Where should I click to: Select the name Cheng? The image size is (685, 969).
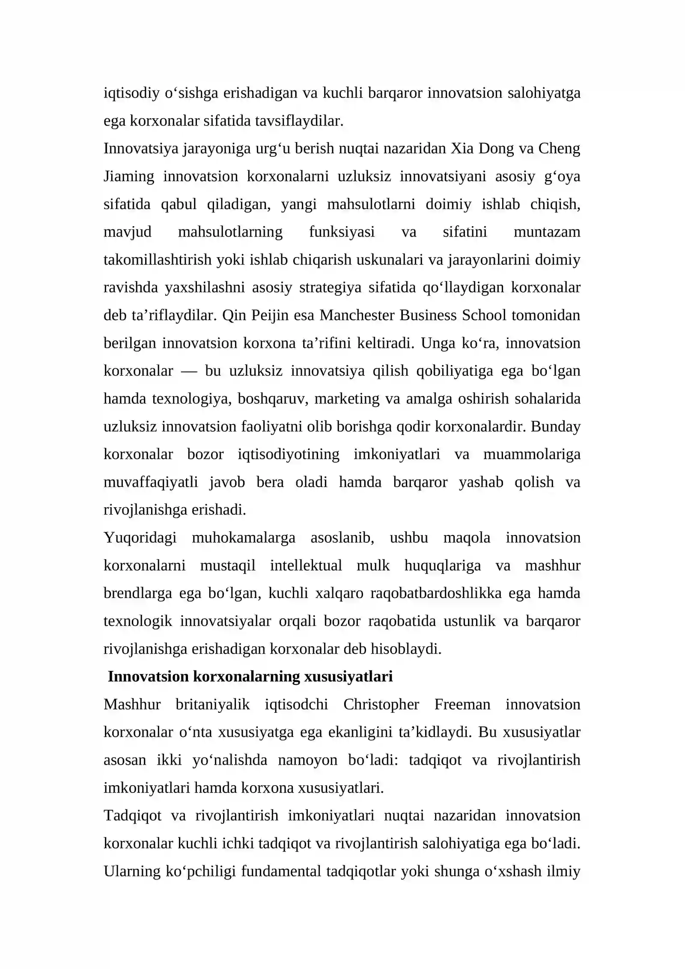(x=559, y=149)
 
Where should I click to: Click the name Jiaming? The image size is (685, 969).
(x=129, y=176)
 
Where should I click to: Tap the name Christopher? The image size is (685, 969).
(x=381, y=704)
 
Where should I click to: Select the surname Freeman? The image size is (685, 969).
(x=462, y=704)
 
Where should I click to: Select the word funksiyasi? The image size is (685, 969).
(x=342, y=232)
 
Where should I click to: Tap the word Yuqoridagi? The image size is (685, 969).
(x=140, y=538)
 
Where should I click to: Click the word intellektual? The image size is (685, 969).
(x=306, y=565)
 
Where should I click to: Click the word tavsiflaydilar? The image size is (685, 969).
(x=299, y=121)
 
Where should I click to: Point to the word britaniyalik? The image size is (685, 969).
(x=212, y=704)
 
